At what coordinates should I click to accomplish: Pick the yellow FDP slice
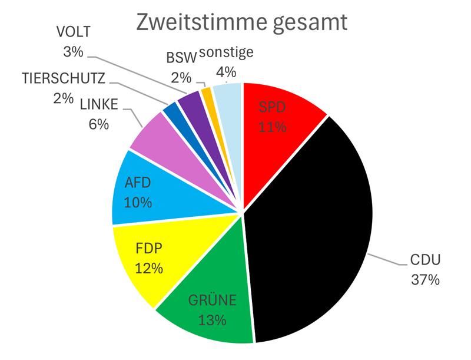(x=147, y=259)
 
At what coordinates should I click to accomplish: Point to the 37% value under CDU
(x=425, y=280)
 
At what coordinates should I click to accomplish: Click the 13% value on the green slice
(x=213, y=320)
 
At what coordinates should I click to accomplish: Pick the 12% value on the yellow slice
(x=148, y=269)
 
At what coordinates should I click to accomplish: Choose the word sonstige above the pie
(x=226, y=52)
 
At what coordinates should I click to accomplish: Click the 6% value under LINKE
(x=99, y=125)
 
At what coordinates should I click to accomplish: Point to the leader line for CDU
(x=386, y=259)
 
